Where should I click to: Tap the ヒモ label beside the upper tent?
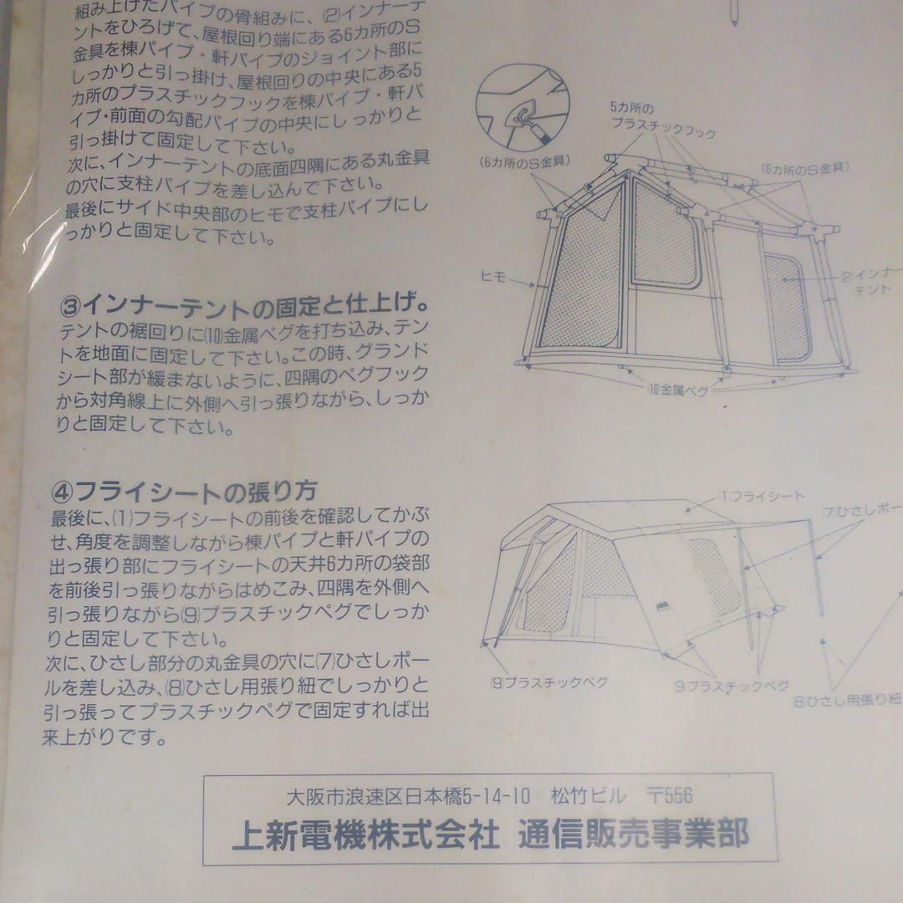(x=494, y=278)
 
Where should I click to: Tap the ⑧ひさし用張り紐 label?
(x=846, y=700)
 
